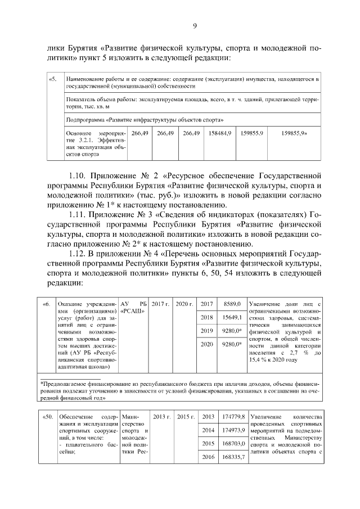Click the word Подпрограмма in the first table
coord(84,120)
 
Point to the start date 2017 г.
coord(160,304)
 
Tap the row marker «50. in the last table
coord(48,417)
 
